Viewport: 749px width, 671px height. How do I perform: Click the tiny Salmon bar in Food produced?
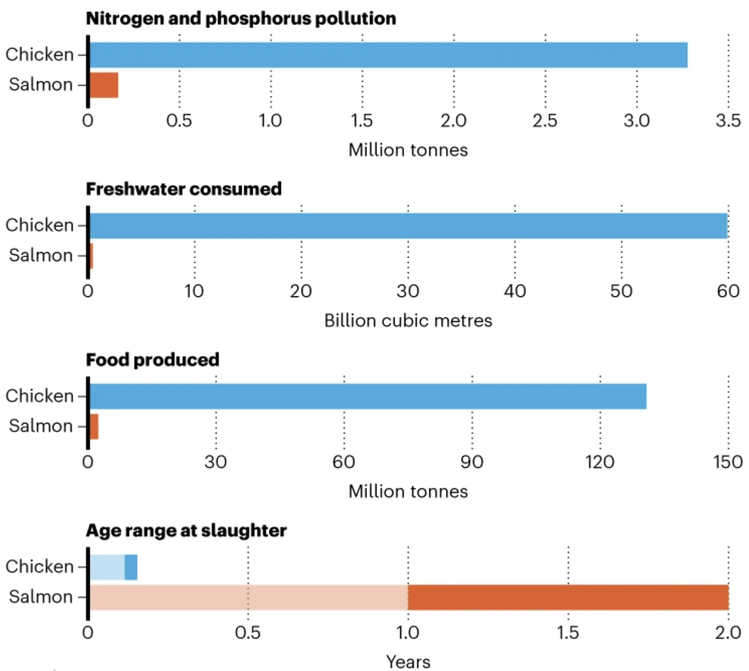94,426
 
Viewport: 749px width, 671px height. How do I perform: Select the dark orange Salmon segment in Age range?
568,597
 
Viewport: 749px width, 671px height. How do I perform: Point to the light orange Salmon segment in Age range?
249,597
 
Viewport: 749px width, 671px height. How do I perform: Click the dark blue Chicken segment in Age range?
131,567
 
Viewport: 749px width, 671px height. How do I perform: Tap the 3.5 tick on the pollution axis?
728,121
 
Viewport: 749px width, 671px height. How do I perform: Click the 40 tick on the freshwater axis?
515,291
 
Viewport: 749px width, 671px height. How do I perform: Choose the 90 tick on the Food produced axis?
472,462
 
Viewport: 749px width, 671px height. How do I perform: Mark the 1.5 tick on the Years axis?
568,632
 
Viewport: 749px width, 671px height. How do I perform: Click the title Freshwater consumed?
183,189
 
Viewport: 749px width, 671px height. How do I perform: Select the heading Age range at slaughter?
186,530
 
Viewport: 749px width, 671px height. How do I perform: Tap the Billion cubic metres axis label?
408,320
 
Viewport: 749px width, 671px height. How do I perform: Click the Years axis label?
408,661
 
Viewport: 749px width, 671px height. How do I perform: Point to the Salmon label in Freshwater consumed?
41,255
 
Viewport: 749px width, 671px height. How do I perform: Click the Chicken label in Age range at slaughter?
40,567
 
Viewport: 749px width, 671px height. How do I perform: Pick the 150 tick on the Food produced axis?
728,462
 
